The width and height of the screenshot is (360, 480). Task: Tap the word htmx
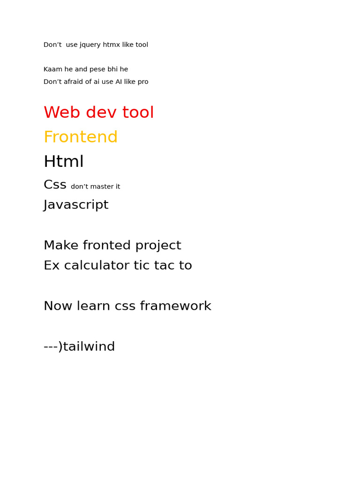(x=112, y=45)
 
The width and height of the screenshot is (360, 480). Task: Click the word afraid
(x=76, y=82)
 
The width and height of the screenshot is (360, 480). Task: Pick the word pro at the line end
(x=142, y=82)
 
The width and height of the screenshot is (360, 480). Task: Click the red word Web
(x=60, y=113)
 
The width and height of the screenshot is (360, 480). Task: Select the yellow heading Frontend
(x=81, y=137)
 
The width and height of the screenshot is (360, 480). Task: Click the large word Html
(x=64, y=162)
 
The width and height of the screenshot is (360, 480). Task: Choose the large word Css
(x=55, y=185)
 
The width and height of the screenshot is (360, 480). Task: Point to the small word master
(x=99, y=187)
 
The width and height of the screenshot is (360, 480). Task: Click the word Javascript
(x=76, y=205)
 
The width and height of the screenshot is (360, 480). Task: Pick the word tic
(x=141, y=266)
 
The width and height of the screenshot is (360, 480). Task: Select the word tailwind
(x=89, y=347)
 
